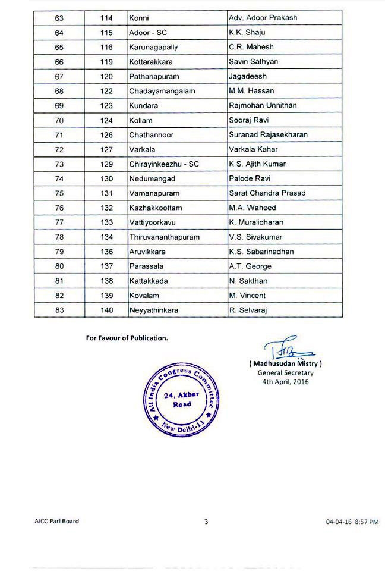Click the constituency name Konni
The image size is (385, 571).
click(x=140, y=18)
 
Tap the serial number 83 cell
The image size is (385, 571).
click(x=59, y=310)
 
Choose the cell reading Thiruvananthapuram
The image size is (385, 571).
click(x=164, y=237)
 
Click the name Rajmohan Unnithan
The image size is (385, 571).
click(x=263, y=105)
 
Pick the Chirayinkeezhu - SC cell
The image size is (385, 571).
click(x=164, y=164)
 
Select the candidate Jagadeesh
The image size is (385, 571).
click(x=248, y=77)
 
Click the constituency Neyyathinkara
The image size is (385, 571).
click(x=153, y=310)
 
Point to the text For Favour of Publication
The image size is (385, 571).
click(x=127, y=338)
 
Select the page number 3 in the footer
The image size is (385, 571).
click(x=206, y=522)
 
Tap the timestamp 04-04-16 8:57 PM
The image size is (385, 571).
click(x=352, y=522)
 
